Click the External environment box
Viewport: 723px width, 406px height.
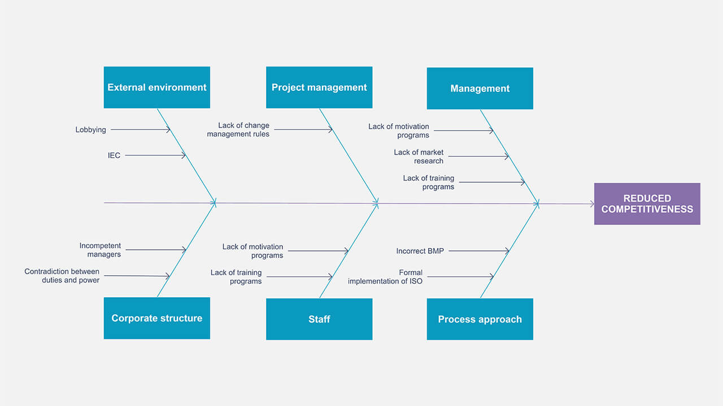(x=156, y=87)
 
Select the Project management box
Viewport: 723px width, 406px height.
(x=319, y=87)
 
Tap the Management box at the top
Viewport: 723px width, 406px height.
(x=480, y=89)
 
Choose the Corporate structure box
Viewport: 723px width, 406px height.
(x=156, y=318)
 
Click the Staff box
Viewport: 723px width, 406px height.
(x=319, y=319)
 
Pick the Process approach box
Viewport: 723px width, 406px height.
(x=480, y=319)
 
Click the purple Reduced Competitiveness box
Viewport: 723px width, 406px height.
(x=647, y=204)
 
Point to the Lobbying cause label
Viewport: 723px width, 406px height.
(x=91, y=130)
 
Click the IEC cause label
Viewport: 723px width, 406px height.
(x=114, y=156)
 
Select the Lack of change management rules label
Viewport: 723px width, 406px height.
(x=238, y=130)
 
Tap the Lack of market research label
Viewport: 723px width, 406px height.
(x=419, y=157)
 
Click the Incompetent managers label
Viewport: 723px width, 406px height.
(x=100, y=250)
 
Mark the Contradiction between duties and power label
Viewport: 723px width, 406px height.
(x=62, y=276)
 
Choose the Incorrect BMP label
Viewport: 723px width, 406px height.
(x=420, y=251)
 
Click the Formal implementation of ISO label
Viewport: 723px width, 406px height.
(x=385, y=277)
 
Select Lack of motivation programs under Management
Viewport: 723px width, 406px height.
(x=399, y=131)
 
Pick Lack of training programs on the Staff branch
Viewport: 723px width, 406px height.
(x=236, y=277)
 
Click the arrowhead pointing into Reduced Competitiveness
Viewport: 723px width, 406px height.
(x=591, y=204)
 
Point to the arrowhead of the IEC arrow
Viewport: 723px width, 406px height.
(x=184, y=156)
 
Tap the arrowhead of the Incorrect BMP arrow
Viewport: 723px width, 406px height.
(x=507, y=251)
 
